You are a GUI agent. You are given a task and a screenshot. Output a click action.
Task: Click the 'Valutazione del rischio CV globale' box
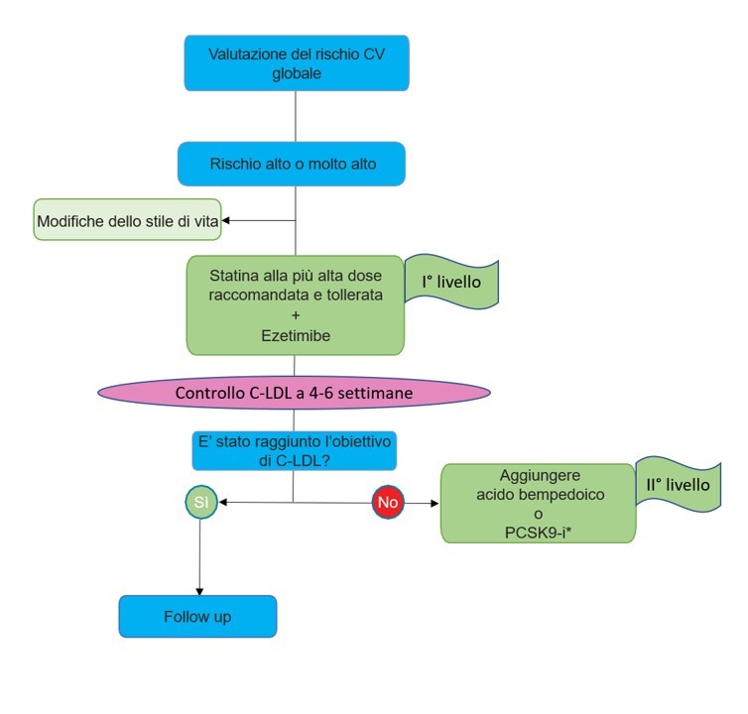(x=296, y=62)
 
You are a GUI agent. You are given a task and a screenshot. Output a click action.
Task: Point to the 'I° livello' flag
(x=452, y=284)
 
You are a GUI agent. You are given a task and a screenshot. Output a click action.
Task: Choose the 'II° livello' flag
(x=678, y=485)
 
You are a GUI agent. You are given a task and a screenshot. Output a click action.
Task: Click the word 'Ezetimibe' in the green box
(x=296, y=336)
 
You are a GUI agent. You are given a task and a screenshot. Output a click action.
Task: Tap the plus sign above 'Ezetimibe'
(x=296, y=315)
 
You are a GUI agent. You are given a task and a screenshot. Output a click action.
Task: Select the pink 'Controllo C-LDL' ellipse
(x=294, y=393)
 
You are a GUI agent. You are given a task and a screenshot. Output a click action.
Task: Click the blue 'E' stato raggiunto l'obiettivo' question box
(x=294, y=449)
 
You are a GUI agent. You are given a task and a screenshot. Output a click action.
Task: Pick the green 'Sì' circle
(x=200, y=503)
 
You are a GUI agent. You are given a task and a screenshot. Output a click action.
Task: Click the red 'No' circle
(x=387, y=503)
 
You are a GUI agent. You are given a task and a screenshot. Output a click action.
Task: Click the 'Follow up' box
(x=197, y=616)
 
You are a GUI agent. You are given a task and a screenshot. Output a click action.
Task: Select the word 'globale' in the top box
(x=296, y=72)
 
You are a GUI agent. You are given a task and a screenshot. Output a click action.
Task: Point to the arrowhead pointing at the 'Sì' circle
(x=222, y=503)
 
